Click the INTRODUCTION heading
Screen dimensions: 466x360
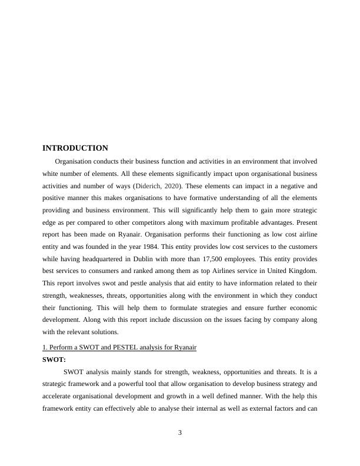75,148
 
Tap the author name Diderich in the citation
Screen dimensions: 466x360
156,187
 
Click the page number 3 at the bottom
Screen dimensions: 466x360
180,433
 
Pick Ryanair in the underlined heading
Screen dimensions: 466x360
184,347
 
